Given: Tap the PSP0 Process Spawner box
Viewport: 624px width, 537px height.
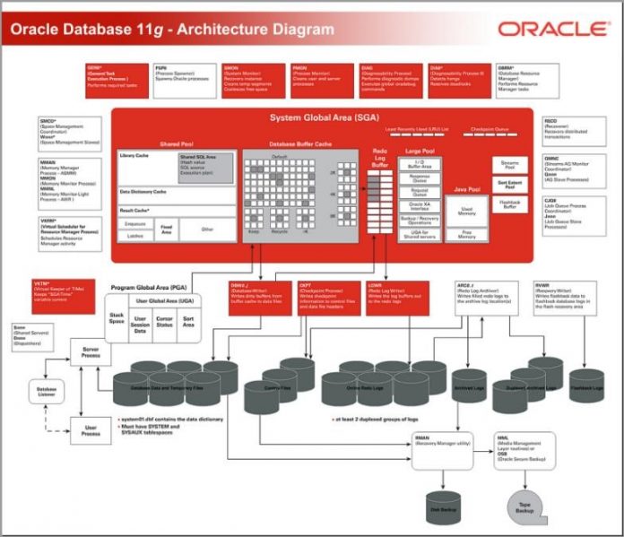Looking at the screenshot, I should tap(185, 80).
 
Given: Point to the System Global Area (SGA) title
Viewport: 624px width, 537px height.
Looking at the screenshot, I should tap(322, 117).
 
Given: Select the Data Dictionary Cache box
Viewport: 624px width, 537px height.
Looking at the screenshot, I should tap(178, 192).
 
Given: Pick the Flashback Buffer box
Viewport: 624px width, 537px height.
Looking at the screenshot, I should tap(509, 205).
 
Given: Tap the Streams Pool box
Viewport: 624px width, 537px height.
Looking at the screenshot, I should tap(509, 166).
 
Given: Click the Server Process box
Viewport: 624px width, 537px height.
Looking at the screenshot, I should tap(91, 351).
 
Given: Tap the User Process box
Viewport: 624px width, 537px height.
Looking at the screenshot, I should tap(91, 430).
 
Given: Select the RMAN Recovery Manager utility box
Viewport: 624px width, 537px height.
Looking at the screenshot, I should tap(441, 449).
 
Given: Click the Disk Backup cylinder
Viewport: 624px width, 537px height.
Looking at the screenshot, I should tap(442, 503).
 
